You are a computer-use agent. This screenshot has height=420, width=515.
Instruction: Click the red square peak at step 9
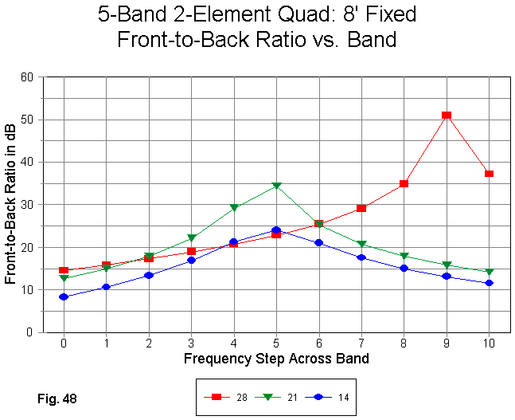(x=447, y=116)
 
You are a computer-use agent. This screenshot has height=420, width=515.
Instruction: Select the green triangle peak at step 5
(x=276, y=186)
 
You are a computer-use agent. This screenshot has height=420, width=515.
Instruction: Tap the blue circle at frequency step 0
(x=64, y=296)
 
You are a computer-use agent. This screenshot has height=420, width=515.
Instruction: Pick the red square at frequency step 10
(x=489, y=174)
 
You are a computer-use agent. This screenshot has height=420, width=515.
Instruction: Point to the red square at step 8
(x=404, y=184)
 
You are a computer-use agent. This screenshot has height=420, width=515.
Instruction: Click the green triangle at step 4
(x=234, y=208)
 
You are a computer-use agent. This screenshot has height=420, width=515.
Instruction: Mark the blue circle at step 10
(x=489, y=283)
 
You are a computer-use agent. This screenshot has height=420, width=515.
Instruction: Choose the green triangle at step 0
(x=64, y=278)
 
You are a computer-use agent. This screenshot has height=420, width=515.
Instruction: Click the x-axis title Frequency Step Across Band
(x=276, y=358)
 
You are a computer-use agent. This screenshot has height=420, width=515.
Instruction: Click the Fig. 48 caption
(x=57, y=396)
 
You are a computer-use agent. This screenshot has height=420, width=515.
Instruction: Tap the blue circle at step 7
(x=361, y=257)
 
